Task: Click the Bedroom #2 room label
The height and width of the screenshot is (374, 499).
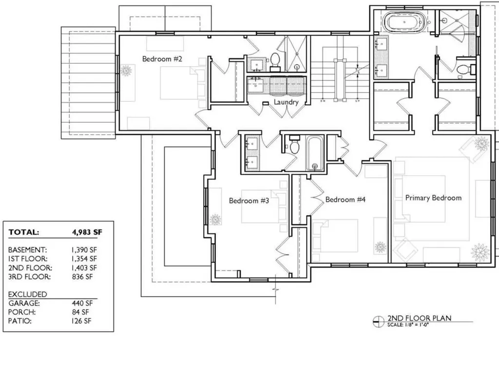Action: pos(162,59)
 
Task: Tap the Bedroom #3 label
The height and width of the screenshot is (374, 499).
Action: pos(249,201)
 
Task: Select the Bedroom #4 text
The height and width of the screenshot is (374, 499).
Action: pos(345,200)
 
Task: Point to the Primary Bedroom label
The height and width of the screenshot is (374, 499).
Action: pos(433,198)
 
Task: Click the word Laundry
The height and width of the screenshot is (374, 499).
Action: pos(286,102)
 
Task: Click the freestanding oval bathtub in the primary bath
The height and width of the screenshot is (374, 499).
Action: pos(404,21)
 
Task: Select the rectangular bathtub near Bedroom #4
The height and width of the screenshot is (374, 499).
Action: pos(315,153)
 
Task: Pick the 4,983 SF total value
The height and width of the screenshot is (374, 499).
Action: pos(87,232)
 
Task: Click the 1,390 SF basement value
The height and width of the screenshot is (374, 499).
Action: pos(84,250)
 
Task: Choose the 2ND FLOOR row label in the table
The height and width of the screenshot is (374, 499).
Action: pos(30,268)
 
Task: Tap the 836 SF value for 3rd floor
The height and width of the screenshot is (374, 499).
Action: pos(82,277)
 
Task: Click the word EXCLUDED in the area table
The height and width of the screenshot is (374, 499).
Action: pos(28,294)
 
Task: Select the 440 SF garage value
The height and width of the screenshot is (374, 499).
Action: pos(82,303)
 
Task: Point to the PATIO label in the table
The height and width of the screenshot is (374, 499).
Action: pos(19,321)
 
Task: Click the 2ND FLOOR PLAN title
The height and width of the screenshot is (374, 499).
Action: pos(419,318)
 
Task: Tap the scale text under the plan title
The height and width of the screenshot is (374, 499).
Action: pos(408,325)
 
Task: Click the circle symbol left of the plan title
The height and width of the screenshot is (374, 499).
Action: pos(379,321)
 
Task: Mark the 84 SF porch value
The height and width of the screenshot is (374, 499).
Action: pos(80,312)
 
